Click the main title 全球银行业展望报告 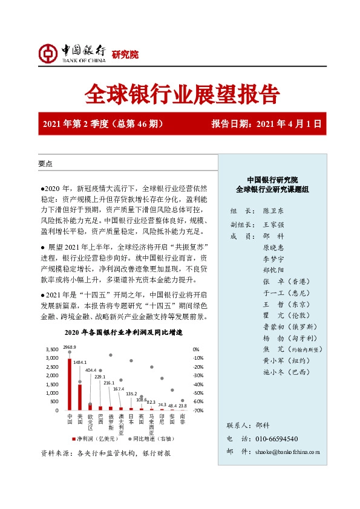click(180, 94)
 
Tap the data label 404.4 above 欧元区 click(90, 369)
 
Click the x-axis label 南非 click(182, 420)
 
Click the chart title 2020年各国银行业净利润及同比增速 click(123, 333)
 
